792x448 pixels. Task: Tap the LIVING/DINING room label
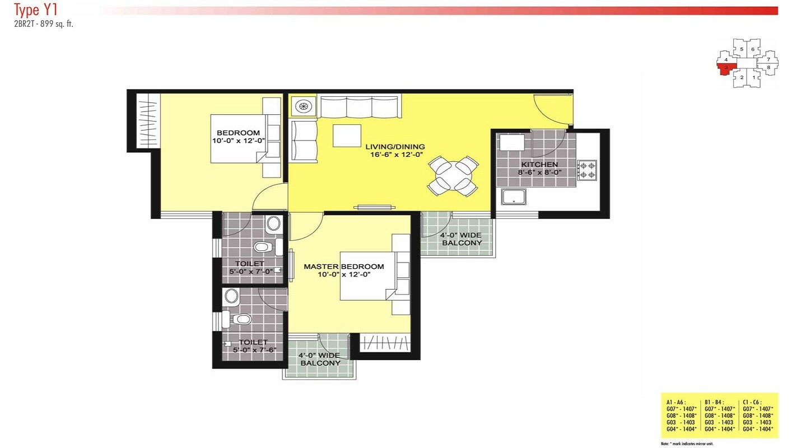tap(395, 147)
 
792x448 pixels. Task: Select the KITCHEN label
tap(539, 165)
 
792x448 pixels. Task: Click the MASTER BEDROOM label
tap(344, 267)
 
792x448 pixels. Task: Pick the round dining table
tap(454, 176)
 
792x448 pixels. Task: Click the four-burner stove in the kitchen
tap(588, 170)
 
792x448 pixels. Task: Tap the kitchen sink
tap(513, 197)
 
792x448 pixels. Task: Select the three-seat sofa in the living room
tap(360, 106)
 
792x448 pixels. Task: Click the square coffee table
tap(347, 136)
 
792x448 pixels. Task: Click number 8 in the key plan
tap(768, 68)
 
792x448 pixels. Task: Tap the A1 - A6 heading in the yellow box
tap(676, 402)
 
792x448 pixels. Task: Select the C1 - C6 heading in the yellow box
tap(751, 402)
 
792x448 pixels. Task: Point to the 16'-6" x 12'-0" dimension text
tap(395, 155)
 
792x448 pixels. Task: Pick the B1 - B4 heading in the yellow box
tap(714, 402)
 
